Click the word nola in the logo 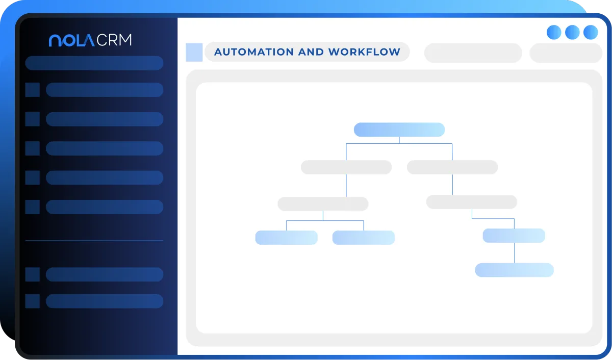[x=71, y=40]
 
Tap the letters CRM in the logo [x=114, y=40]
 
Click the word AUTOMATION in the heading [x=254, y=52]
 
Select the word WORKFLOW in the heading [x=364, y=52]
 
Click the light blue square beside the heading [x=194, y=52]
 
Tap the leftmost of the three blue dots [x=554, y=32]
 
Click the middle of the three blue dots [x=572, y=32]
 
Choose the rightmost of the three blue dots [x=591, y=32]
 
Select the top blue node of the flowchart [x=399, y=130]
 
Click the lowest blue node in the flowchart [x=514, y=270]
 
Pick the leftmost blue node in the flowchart [x=286, y=238]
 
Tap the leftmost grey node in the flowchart [x=323, y=204]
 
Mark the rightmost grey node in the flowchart [x=472, y=202]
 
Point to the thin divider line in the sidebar [x=94, y=241]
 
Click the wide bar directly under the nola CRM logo [x=94, y=63]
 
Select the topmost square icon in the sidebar [x=33, y=90]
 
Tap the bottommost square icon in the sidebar [x=33, y=301]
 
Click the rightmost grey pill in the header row [x=566, y=53]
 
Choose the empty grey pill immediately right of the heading [x=473, y=53]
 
